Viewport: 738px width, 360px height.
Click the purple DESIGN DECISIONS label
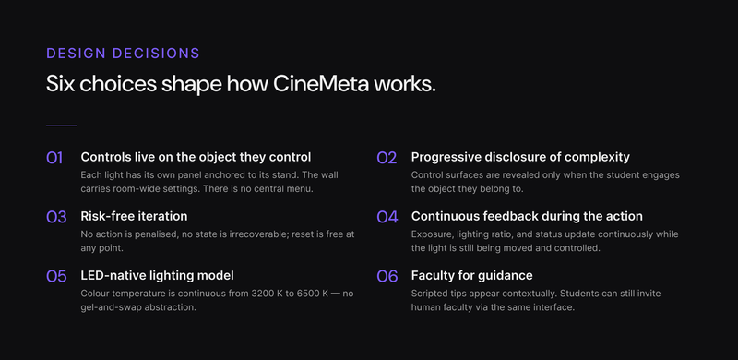coord(123,54)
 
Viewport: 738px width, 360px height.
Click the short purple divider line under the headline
coord(61,126)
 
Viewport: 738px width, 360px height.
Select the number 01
coord(54,158)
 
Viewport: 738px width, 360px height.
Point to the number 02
coord(386,158)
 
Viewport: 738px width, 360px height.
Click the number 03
coord(55,217)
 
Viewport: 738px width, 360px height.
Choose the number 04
coord(387,217)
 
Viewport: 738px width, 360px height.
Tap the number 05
coord(55,276)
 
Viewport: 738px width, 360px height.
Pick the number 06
coord(387,276)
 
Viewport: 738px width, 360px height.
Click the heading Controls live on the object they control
coord(196,157)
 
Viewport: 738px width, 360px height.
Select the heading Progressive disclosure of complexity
coord(520,157)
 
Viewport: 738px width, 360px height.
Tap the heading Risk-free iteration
coord(134,216)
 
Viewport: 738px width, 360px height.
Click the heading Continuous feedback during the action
coord(527,216)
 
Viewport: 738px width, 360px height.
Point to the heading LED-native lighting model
coord(157,275)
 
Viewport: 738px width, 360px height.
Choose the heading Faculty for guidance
coord(471,275)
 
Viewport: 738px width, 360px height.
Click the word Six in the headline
coord(62,84)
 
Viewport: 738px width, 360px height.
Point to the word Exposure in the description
coord(434,234)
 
